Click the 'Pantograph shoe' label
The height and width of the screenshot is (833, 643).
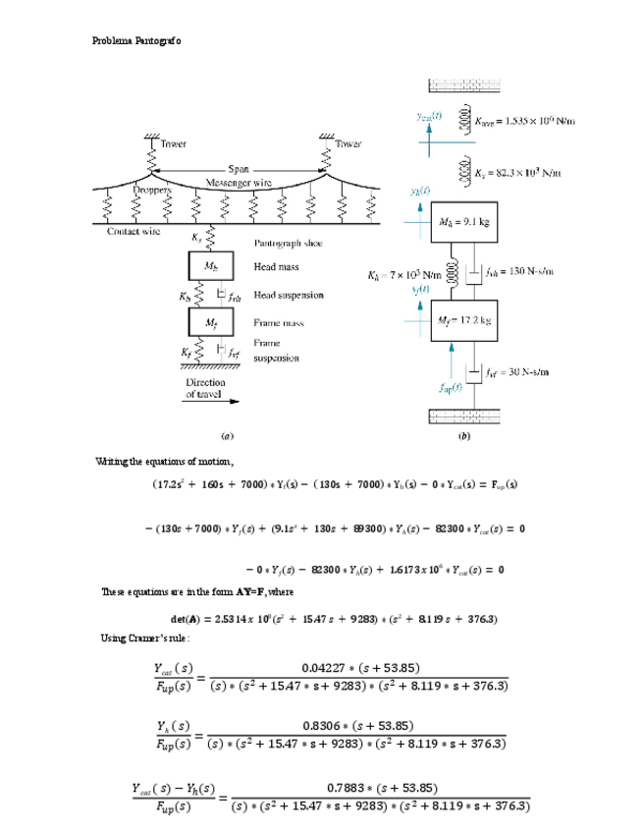click(x=289, y=243)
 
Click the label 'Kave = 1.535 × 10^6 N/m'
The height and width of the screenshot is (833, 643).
click(x=522, y=120)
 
